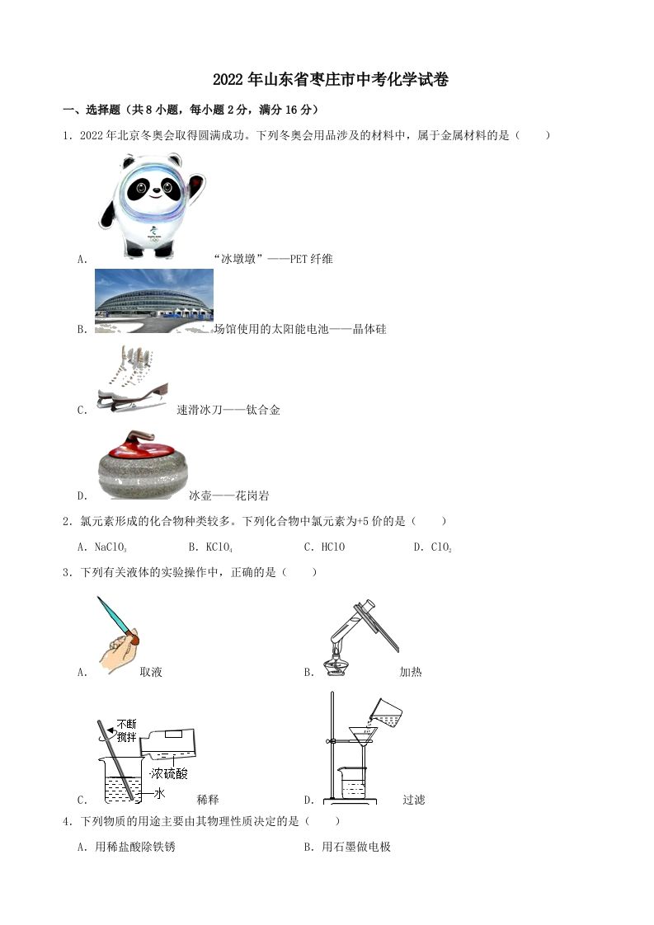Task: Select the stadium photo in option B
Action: click(x=154, y=301)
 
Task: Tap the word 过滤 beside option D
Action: click(x=413, y=800)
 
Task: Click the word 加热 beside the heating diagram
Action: click(x=410, y=672)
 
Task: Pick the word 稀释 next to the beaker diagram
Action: click(x=208, y=800)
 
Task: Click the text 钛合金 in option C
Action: click(x=263, y=410)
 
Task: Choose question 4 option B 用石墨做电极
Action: click(x=347, y=847)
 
